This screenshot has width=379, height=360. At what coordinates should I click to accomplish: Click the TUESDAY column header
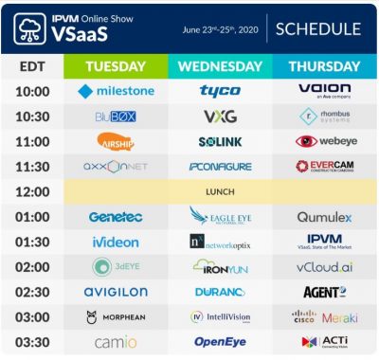coord(116,67)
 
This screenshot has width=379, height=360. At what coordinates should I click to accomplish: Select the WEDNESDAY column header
coord(220,67)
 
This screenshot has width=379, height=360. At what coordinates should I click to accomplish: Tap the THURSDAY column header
coord(324,67)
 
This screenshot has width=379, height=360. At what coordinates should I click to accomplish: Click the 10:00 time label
coord(31,92)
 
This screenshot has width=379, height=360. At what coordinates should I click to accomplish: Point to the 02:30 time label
coord(31,292)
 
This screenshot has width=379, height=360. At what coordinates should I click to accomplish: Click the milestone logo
coord(116,92)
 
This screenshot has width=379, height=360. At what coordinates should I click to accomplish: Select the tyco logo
coord(220,92)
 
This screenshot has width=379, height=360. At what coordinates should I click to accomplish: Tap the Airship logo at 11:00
coord(116,141)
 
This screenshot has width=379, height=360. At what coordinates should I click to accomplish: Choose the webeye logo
coord(324,141)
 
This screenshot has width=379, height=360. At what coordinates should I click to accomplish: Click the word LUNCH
coord(220,191)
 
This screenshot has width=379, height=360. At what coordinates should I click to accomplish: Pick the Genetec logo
coord(116,217)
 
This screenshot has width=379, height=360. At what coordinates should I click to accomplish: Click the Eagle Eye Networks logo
coord(220,216)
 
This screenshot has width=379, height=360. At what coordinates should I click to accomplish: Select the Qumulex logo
coord(324,217)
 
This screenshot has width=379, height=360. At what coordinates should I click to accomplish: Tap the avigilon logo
coord(116,292)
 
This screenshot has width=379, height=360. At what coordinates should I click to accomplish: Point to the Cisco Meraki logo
coord(324,317)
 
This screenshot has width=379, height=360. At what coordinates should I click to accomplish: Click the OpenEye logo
coord(220,341)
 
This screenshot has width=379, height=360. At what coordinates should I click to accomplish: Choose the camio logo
coord(116,341)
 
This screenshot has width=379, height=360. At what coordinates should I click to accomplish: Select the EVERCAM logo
coord(324,166)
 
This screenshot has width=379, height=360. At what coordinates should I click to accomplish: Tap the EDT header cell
coord(31,67)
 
